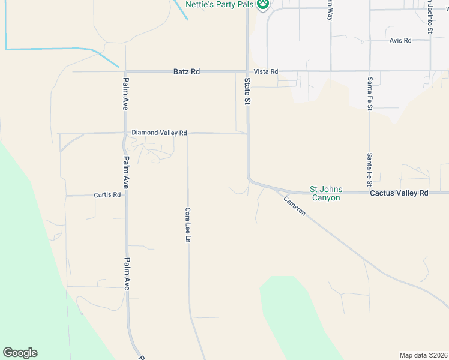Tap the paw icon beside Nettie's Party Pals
click(x=263, y=5)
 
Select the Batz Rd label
click(x=186, y=71)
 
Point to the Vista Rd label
click(x=266, y=71)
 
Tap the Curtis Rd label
click(x=107, y=195)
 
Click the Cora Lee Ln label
click(x=188, y=225)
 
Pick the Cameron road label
click(x=295, y=206)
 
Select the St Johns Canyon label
click(x=325, y=193)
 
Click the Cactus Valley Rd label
click(x=399, y=193)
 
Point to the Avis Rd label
click(x=400, y=40)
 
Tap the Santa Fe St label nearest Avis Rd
click(x=370, y=93)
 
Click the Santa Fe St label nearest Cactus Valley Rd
click(x=370, y=169)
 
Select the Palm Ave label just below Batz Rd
click(x=126, y=94)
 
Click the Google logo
click(x=20, y=353)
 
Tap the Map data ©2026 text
click(x=423, y=355)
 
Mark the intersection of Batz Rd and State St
click(x=247, y=71)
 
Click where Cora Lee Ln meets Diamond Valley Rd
click(x=188, y=133)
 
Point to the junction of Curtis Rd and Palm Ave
click(x=126, y=195)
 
